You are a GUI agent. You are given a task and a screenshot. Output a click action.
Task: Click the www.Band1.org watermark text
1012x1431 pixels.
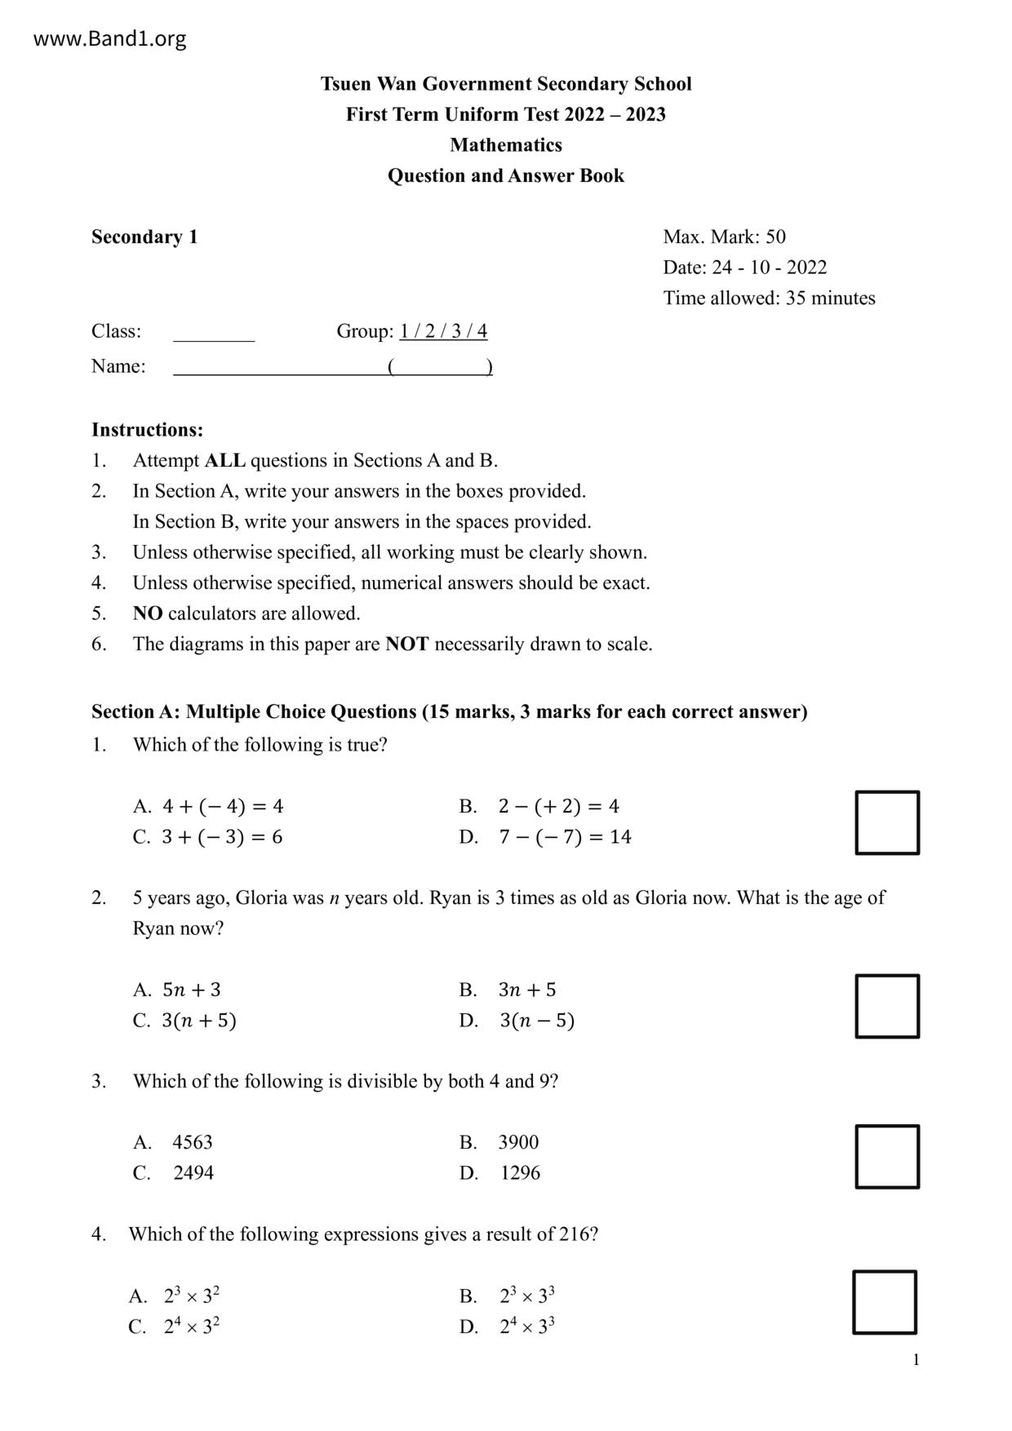[109, 38]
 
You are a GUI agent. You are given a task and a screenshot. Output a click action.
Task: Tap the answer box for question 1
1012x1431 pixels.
[887, 822]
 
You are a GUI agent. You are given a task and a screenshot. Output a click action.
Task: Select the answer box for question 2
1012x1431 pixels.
[887, 1006]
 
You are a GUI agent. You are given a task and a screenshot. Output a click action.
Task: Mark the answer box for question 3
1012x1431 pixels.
[887, 1157]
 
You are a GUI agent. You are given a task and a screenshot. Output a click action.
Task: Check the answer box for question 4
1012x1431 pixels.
[885, 1302]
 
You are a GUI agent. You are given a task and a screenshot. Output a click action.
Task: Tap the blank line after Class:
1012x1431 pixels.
[214, 333]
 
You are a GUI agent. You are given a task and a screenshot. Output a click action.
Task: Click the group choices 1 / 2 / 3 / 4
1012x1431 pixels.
[443, 331]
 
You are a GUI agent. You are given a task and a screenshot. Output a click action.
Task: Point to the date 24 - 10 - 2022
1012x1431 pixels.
[769, 268]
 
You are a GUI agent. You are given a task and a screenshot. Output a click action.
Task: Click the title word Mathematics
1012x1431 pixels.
[506, 145]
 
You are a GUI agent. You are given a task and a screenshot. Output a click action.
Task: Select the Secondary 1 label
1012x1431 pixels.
[144, 237]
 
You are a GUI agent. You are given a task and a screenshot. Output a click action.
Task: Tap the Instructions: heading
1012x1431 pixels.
[147, 430]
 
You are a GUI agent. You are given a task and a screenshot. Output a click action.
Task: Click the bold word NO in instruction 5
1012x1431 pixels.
[148, 614]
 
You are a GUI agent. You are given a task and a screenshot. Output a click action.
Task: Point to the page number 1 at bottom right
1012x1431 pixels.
[916, 1360]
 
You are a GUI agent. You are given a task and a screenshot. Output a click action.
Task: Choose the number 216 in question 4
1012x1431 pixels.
[574, 1234]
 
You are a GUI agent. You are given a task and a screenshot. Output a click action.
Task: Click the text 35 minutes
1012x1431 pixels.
[830, 299]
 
